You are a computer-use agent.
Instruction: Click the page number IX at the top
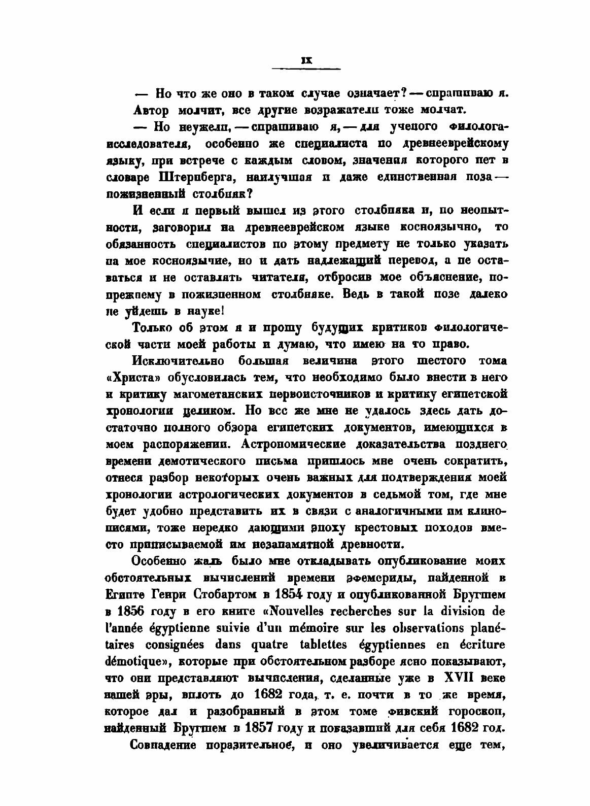306,60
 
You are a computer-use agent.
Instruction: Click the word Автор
151,110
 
